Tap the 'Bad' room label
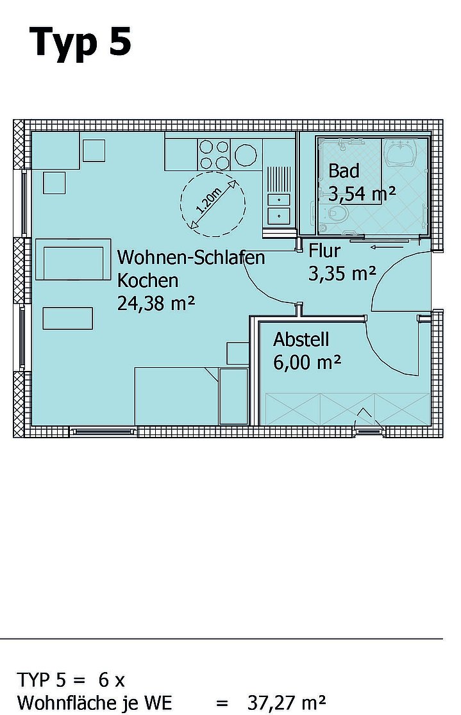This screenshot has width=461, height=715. tap(344, 171)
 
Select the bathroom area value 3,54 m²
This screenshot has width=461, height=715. tap(362, 194)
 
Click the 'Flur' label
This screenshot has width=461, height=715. tap(324, 251)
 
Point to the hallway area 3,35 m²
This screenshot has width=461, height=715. tap(342, 274)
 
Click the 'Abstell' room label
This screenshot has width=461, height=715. tap(301, 340)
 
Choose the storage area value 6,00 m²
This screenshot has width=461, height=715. tap(306, 363)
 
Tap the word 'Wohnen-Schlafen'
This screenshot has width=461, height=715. tap(191, 257)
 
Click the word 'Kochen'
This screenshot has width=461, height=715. tap(147, 281)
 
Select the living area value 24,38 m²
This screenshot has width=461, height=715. tap(156, 303)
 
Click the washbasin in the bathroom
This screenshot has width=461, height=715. tap(400, 152)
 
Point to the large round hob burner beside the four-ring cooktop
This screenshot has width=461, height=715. tap(246, 155)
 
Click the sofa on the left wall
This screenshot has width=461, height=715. tap(73, 259)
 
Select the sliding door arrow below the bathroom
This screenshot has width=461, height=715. tap(386, 247)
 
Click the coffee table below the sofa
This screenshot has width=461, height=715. tap(67, 318)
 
